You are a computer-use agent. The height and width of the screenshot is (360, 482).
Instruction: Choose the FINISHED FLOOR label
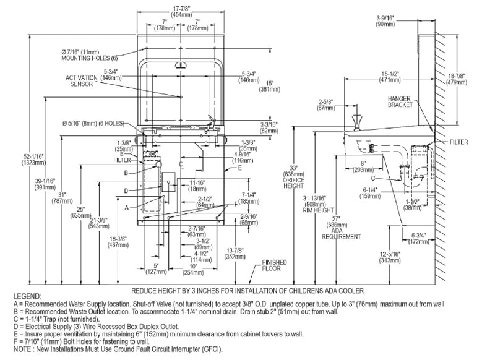[x=274, y=265]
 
